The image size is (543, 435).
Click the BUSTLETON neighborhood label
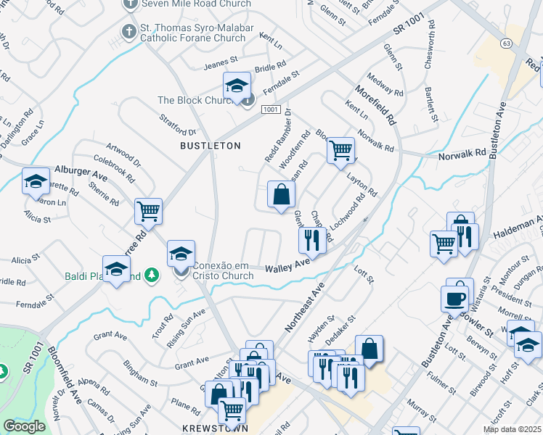[211, 146]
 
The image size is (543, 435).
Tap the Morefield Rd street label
[375, 107]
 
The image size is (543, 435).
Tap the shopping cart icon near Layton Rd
[340, 151]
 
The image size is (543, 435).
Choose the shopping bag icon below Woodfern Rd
[281, 194]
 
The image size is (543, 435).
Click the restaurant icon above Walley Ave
[312, 239]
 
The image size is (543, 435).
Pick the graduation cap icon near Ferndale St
[236, 86]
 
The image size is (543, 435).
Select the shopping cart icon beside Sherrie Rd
[148, 211]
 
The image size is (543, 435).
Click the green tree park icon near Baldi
[152, 275]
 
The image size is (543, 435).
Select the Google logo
[24, 426]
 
